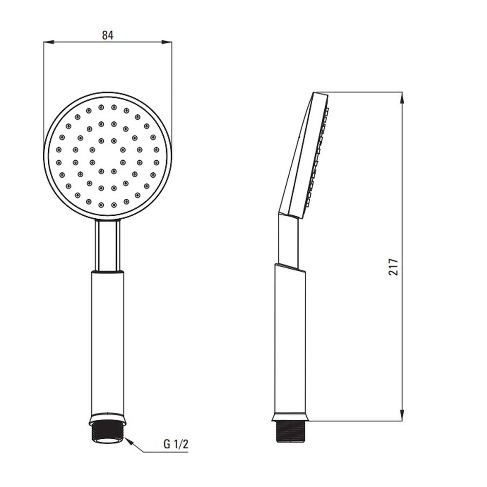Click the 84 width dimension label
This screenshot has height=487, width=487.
108,36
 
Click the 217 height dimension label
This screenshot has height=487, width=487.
393,266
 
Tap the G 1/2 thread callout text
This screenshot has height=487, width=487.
176,445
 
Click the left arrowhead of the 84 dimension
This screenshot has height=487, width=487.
49,42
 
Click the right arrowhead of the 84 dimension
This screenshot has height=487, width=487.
167,42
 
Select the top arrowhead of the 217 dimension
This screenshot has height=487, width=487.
402,97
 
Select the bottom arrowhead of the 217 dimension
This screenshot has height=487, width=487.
402,415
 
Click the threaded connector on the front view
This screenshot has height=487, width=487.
108,432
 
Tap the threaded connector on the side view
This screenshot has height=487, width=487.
291,431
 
